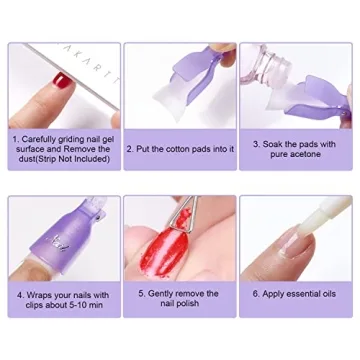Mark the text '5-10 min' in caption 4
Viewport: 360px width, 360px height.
(86, 306)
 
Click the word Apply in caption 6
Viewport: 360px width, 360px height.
(272, 295)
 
